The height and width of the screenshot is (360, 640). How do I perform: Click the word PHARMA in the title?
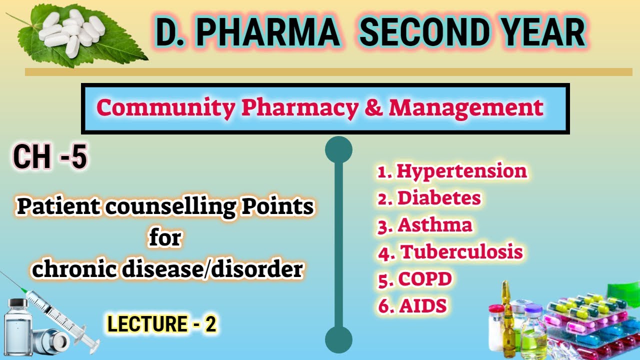(x=267, y=32)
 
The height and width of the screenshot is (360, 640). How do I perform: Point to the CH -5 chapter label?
(x=50, y=157)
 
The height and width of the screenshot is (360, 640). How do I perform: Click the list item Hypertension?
(x=461, y=171)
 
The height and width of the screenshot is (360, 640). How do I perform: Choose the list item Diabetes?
(x=438, y=198)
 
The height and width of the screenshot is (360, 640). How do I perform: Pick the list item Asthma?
(x=434, y=225)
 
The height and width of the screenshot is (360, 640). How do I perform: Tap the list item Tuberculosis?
(x=461, y=252)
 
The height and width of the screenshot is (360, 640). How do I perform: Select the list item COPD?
(x=424, y=279)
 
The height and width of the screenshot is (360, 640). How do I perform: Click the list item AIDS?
(x=422, y=306)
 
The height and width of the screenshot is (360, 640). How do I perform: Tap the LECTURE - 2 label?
(x=161, y=324)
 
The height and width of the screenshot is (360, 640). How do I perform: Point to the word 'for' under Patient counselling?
(x=165, y=239)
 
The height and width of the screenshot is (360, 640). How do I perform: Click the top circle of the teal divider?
(x=338, y=150)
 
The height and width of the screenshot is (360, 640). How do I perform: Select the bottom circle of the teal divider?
(x=338, y=340)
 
